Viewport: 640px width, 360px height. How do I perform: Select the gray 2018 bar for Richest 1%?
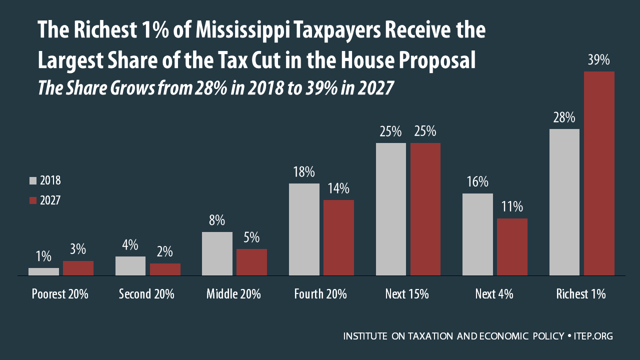pos(564,202)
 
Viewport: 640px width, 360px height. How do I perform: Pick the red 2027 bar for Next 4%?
pos(512,247)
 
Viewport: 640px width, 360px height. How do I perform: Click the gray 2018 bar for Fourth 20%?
pos(304,229)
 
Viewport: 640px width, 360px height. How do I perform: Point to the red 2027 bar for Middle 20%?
pos(251,262)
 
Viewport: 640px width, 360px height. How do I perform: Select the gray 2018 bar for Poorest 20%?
pos(43,271)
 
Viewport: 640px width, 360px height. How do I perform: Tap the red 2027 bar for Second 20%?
pos(165,269)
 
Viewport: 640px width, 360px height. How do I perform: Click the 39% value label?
pos(599,60)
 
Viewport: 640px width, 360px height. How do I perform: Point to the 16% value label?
pos(477,182)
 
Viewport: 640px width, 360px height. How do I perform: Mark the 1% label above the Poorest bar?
pos(43,256)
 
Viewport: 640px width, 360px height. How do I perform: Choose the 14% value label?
pos(338,189)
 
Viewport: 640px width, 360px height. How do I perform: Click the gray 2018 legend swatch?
pos(33,181)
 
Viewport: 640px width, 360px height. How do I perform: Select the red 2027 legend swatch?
pos(33,200)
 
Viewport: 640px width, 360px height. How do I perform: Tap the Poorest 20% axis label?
pos(60,294)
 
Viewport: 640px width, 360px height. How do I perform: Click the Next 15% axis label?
pos(407,294)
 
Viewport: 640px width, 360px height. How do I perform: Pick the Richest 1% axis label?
pos(580,294)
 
